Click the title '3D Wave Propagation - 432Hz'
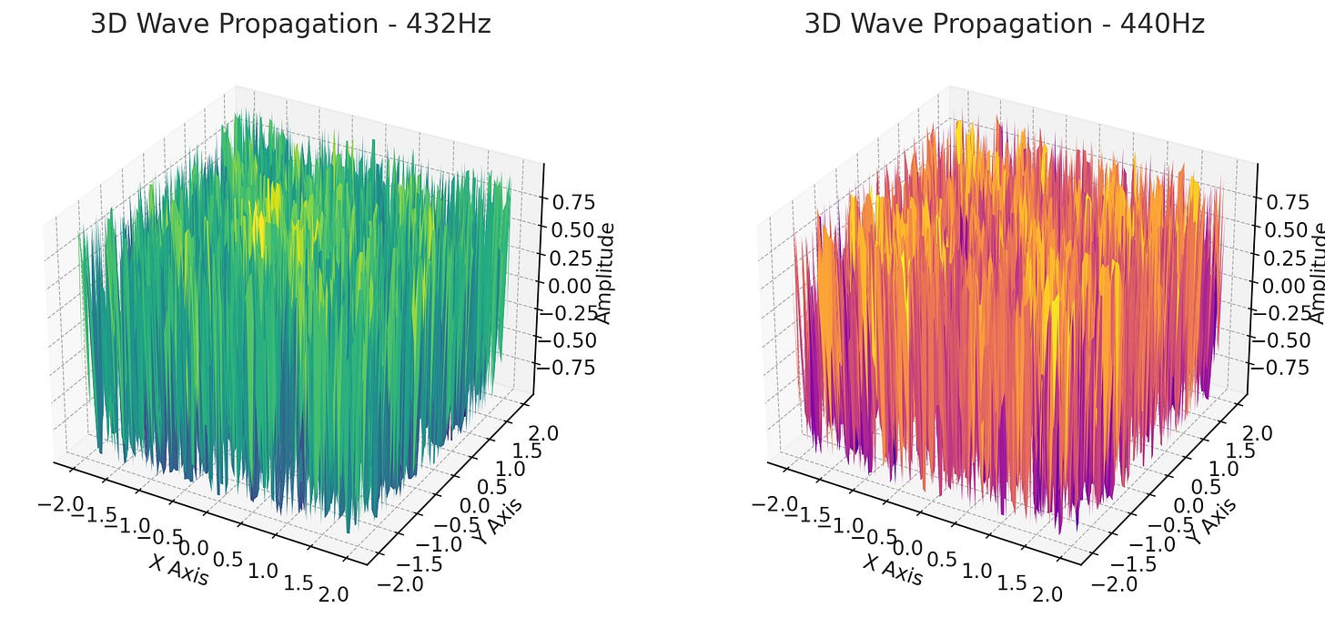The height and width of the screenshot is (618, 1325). pyautogui.click(x=290, y=25)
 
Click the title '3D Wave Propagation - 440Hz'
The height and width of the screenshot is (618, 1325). pyautogui.click(x=1004, y=25)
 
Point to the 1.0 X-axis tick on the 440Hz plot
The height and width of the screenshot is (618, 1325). pyautogui.click(x=976, y=571)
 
